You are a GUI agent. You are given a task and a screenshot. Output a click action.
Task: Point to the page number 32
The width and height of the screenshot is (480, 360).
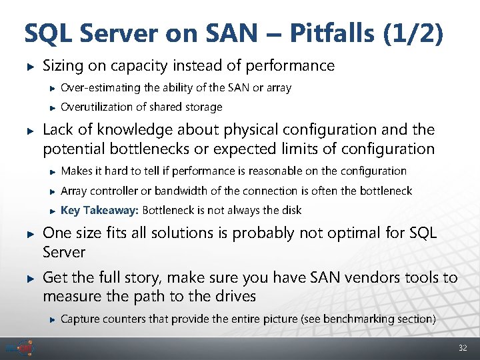pyautogui.click(x=463, y=349)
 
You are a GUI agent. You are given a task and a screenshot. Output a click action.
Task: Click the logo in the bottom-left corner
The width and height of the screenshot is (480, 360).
pyautogui.click(x=21, y=348)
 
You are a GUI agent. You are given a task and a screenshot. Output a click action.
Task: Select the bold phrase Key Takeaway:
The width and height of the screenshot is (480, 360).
pyautogui.click(x=99, y=211)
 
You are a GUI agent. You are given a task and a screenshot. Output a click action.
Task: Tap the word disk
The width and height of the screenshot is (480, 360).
pyautogui.click(x=291, y=211)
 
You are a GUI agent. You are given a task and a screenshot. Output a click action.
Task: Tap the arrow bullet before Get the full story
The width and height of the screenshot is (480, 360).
pyautogui.click(x=29, y=277)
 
